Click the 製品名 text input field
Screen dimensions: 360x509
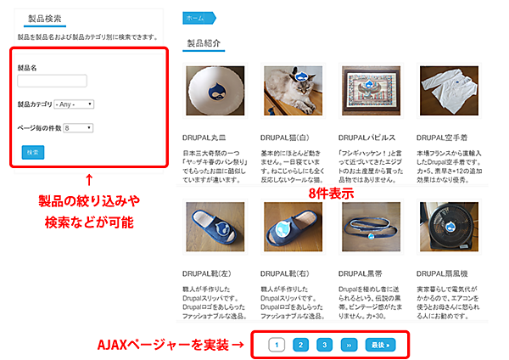[52, 81]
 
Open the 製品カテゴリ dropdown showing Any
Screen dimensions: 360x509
[74, 104]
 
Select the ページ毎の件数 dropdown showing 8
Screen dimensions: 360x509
[77, 128]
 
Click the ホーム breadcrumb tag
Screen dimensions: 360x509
[195, 17]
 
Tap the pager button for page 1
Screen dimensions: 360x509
[276, 345]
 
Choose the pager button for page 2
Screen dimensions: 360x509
[299, 345]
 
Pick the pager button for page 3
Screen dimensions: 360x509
[324, 345]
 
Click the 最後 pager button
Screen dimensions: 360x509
[378, 345]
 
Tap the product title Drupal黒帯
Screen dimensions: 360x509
[362, 273]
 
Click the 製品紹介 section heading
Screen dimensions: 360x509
[204, 42]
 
